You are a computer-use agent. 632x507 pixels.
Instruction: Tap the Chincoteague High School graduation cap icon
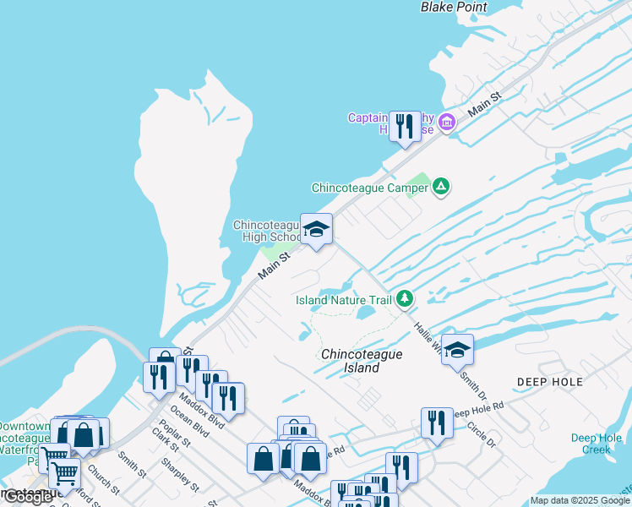click(316, 229)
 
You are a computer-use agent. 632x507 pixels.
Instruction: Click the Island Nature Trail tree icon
click(406, 298)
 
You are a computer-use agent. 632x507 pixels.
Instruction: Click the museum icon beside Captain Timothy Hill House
click(447, 123)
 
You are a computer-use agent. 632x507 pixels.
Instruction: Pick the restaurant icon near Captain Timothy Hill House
click(405, 128)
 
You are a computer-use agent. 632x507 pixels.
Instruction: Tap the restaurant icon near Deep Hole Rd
click(436, 422)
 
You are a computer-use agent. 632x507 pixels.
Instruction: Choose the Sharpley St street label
click(178, 477)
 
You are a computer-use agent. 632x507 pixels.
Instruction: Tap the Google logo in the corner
click(28, 498)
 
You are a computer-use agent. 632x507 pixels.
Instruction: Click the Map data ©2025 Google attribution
click(580, 501)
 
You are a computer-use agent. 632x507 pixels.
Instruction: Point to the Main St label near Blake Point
click(485, 106)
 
